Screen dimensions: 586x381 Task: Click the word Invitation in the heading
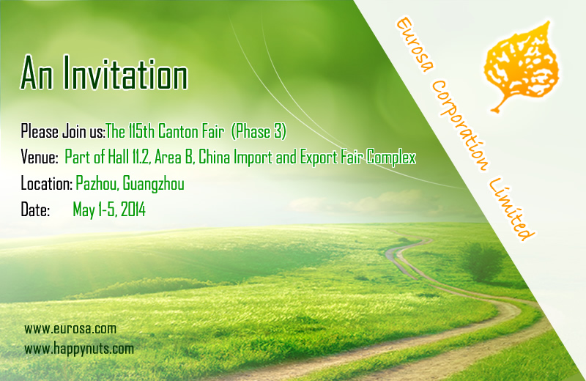(x=125, y=73)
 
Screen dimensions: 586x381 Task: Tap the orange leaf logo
(x=521, y=65)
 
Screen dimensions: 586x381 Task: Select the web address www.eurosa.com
(x=70, y=329)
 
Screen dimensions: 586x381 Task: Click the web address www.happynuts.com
(x=79, y=349)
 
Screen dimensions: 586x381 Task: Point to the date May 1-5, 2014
(x=109, y=210)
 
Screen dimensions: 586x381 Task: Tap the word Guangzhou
(x=154, y=184)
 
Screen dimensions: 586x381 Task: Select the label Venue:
(x=40, y=157)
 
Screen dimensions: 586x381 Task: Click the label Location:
(x=46, y=184)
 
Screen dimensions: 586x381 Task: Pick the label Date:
(x=35, y=210)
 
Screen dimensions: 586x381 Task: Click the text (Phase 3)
(x=259, y=131)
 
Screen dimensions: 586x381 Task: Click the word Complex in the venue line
(x=391, y=158)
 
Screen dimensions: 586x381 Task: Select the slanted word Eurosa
(x=415, y=45)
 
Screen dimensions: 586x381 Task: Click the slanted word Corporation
(x=459, y=125)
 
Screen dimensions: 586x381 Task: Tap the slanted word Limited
(x=511, y=210)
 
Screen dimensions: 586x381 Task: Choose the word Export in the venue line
(x=319, y=158)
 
